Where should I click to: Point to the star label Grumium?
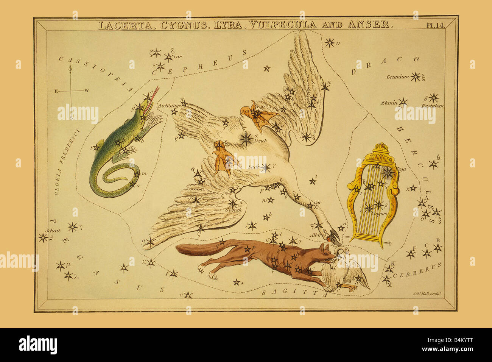click(x=397, y=77)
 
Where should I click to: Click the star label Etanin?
click(x=389, y=103)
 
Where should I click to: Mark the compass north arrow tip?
click(x=70, y=66)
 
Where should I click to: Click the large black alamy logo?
click(x=38, y=345)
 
